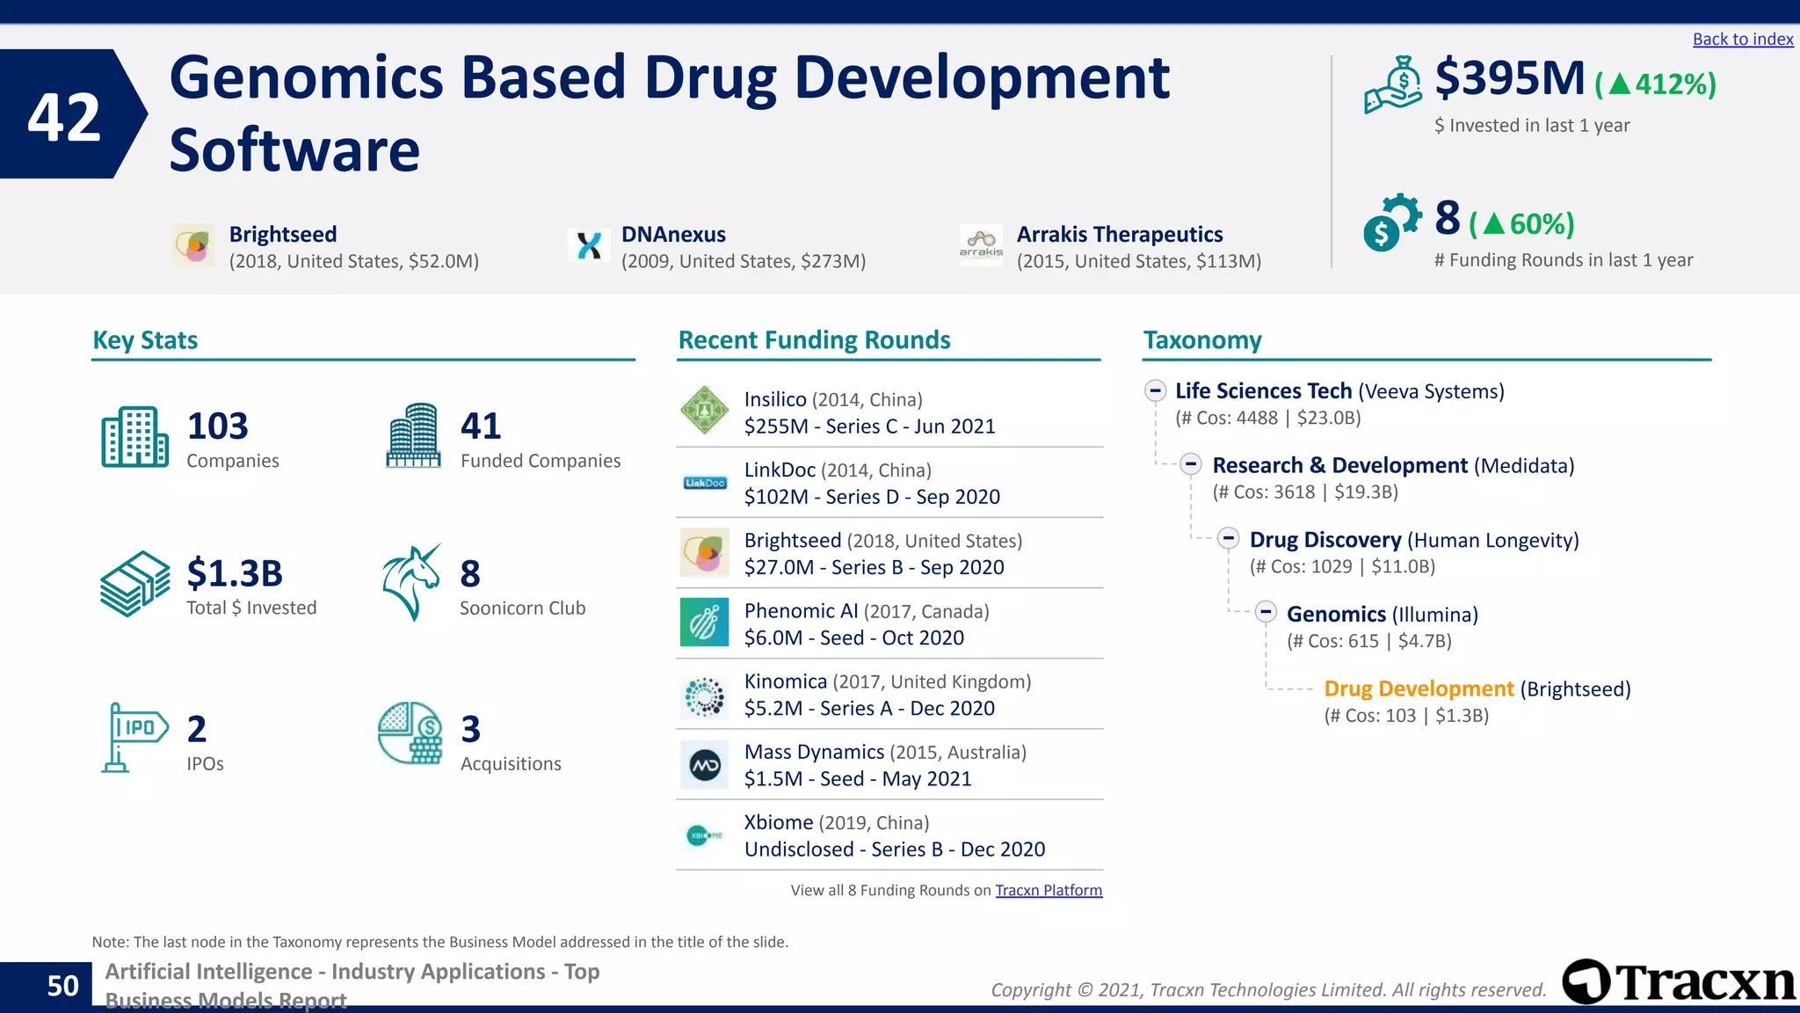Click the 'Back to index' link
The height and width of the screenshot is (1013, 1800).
(x=1742, y=39)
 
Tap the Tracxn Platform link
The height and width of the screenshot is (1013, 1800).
(x=1048, y=890)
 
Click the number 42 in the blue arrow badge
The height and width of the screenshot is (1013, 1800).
(x=63, y=117)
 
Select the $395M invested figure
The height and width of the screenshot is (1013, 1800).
(x=1509, y=78)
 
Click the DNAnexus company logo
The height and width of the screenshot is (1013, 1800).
(x=588, y=245)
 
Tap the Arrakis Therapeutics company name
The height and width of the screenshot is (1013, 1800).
(x=1119, y=234)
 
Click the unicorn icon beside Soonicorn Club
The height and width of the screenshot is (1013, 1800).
(x=410, y=582)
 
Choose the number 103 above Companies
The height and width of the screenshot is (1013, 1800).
(x=217, y=426)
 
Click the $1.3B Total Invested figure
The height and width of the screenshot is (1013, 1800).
(x=234, y=573)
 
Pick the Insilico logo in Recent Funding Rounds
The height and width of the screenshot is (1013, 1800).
(x=704, y=410)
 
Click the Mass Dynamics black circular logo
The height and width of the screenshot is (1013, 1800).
(x=704, y=765)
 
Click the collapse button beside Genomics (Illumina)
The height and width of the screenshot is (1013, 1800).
(x=1265, y=612)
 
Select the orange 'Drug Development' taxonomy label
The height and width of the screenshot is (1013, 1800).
(x=1418, y=689)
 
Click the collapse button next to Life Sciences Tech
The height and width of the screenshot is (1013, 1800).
(x=1155, y=390)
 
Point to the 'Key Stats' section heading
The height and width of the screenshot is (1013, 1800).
(x=145, y=340)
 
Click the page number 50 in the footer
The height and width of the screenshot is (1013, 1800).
(x=62, y=986)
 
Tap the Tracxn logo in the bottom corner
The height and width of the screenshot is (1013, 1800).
(x=1678, y=981)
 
